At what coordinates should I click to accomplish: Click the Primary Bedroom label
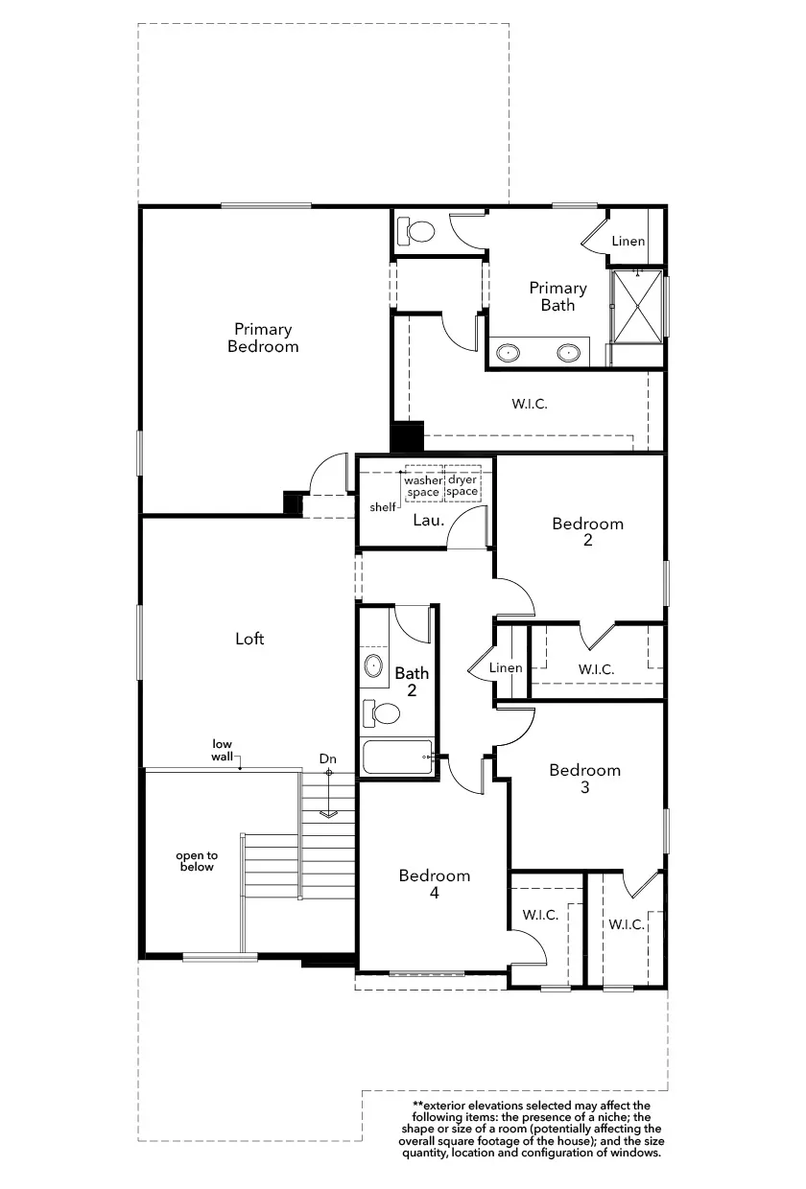click(263, 338)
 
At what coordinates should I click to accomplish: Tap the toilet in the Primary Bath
click(416, 231)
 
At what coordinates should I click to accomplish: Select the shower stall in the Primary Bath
click(637, 306)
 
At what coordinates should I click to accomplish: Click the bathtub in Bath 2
click(397, 757)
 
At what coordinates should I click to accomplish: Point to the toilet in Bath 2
click(380, 713)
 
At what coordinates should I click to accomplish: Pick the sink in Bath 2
click(373, 665)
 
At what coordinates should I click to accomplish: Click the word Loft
click(249, 638)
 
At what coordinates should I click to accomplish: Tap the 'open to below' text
click(197, 861)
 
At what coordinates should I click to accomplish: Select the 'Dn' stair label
click(328, 759)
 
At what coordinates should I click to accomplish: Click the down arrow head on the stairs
click(329, 814)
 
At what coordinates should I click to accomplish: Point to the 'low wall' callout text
click(222, 750)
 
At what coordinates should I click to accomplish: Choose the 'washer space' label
click(423, 486)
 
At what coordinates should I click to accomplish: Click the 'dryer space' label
click(462, 486)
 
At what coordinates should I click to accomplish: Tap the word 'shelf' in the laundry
click(383, 507)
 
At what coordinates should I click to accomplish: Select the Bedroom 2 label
click(587, 531)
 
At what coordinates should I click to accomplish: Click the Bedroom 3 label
click(585, 779)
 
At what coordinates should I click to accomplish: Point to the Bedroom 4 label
click(435, 884)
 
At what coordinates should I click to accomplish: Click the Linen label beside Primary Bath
click(628, 241)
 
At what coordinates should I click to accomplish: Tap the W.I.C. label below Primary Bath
click(530, 404)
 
